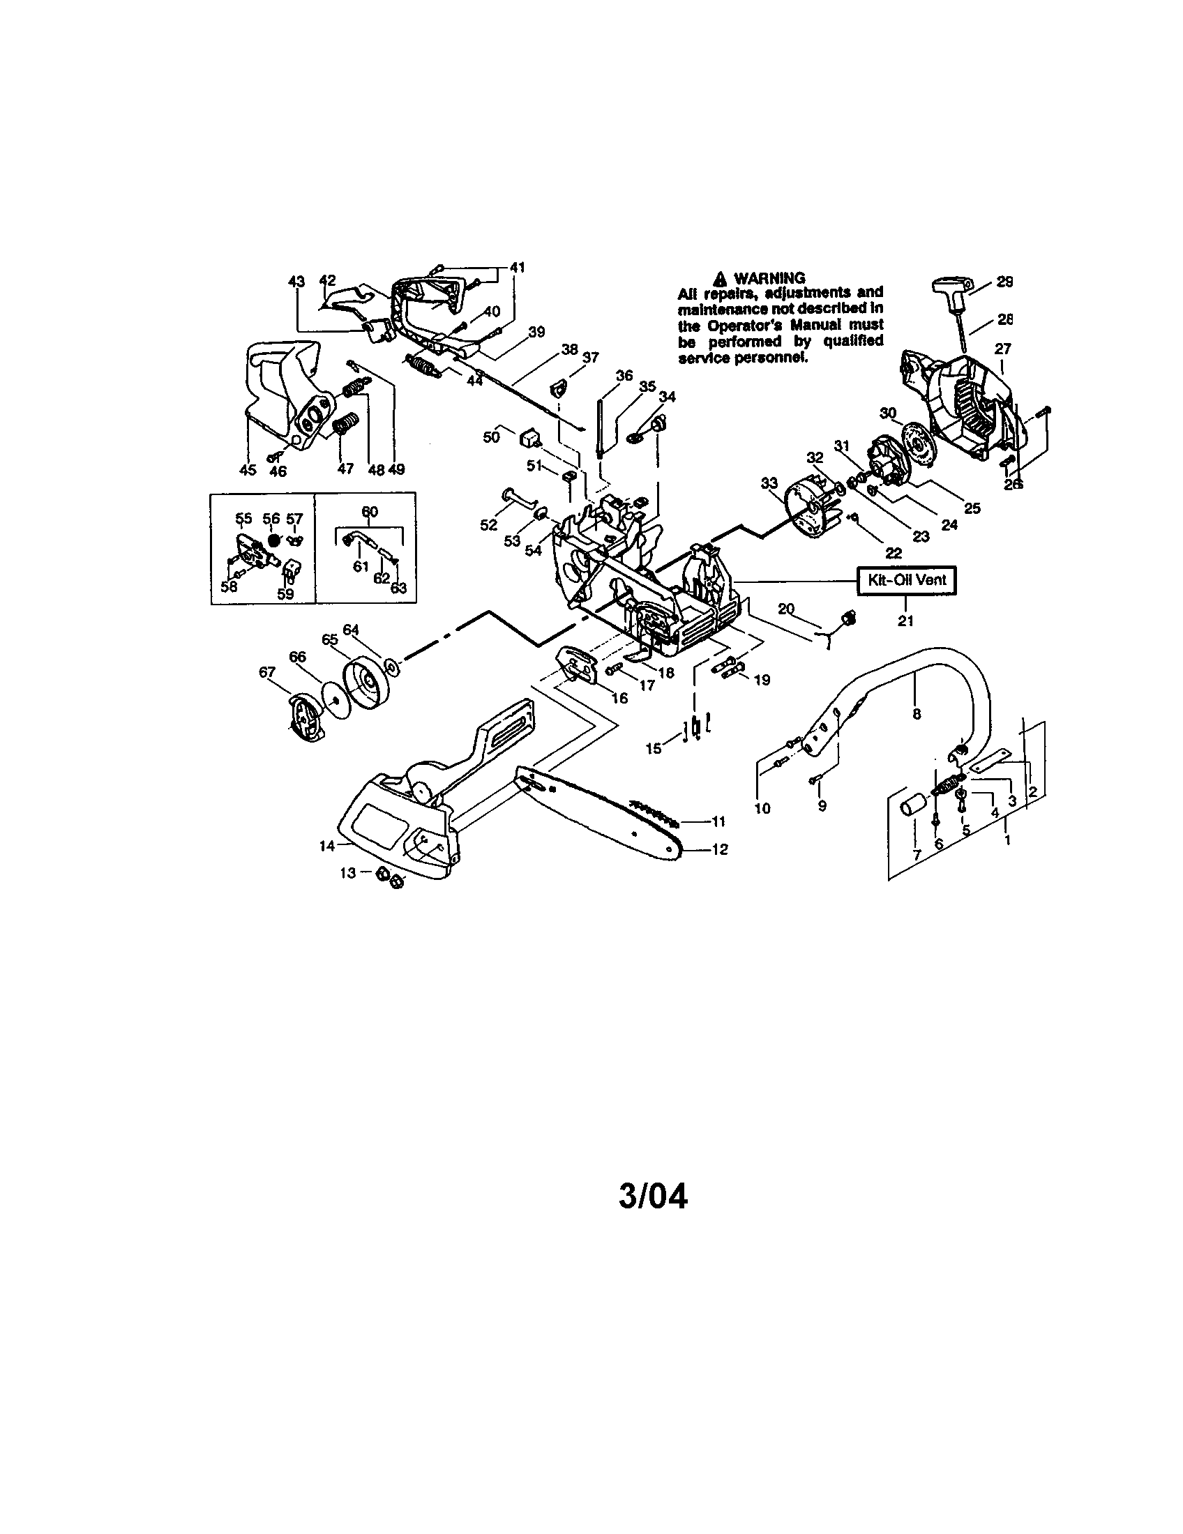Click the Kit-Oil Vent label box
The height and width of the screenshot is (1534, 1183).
[906, 580]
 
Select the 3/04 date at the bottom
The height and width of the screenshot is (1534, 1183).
[653, 1196]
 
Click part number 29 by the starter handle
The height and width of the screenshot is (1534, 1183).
[1004, 282]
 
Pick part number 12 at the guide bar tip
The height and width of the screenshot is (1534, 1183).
[719, 849]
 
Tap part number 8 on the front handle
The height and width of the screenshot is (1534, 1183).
[916, 714]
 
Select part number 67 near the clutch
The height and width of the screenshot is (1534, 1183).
[267, 672]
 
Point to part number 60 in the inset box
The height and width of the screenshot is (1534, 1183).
[369, 511]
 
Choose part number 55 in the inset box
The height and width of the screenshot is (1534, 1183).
[243, 518]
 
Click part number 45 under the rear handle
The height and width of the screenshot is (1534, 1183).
[248, 470]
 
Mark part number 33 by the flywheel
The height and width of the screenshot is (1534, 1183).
[769, 483]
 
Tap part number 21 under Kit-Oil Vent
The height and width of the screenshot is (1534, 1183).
[906, 621]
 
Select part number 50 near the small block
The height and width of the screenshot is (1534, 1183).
[491, 436]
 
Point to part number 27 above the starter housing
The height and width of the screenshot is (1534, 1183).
[1003, 349]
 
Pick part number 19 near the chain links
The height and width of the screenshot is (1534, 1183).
[762, 679]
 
